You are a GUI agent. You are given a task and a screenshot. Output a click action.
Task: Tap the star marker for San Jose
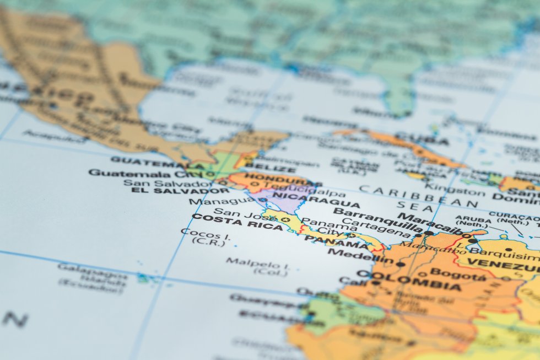pyautogui.click(x=285, y=219)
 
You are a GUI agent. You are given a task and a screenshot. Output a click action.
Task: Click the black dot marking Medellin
pyautogui.click(x=401, y=264)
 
